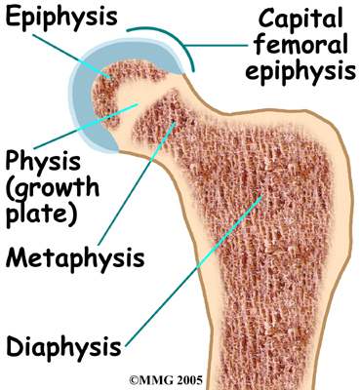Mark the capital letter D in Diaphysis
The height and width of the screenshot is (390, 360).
click(15, 346)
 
